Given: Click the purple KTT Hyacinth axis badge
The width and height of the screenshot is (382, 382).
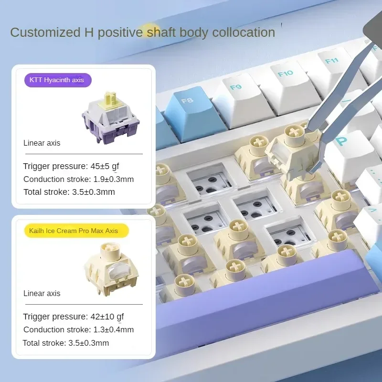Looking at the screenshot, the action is click(58, 80).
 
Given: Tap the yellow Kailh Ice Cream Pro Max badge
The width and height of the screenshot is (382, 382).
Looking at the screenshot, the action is click(76, 231).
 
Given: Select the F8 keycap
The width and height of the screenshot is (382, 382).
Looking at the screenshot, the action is click(192, 112).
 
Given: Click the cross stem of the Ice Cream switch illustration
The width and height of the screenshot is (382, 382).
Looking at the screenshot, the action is click(111, 249).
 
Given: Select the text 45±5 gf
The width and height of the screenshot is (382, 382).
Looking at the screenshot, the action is click(105, 166).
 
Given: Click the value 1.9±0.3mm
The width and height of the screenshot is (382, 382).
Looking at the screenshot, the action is click(114, 179).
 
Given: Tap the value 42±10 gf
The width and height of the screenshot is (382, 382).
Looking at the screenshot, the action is click(107, 317).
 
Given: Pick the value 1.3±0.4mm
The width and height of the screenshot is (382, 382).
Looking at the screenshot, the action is click(114, 329).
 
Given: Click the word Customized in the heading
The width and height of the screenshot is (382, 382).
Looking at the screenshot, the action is click(45, 32).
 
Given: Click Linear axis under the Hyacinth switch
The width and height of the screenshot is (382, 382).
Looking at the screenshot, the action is click(42, 143).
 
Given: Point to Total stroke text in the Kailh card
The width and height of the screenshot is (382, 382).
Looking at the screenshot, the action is click(44, 343).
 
